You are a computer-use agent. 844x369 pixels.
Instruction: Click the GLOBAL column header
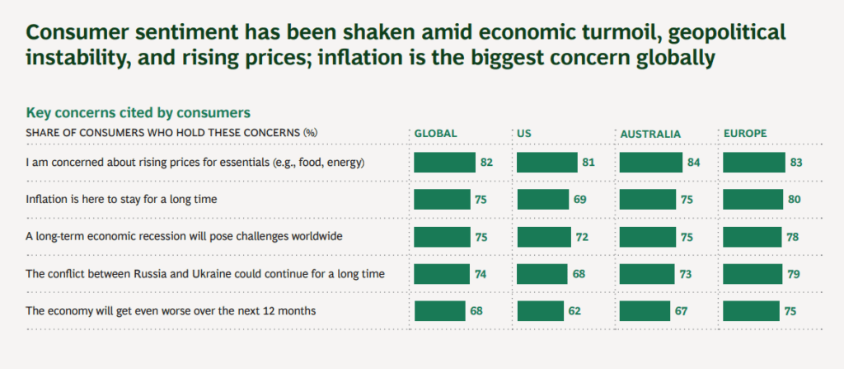coord(435,134)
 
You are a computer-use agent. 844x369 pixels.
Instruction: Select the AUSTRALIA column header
coord(650,134)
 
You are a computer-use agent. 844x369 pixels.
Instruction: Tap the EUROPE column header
coord(745,134)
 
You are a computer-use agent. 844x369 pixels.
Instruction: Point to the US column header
coord(524,134)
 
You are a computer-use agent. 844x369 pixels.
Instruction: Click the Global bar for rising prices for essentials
coord(444,163)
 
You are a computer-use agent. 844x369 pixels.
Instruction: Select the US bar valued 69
coord(542,200)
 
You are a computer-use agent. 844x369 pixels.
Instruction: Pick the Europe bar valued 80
coord(753,200)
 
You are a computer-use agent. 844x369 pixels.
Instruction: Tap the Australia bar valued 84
coord(651,163)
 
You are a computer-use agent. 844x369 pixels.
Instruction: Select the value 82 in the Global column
coord(486,163)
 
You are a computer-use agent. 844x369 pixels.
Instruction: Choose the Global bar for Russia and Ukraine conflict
coord(442,274)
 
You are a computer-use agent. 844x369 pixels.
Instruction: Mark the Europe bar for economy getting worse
coord(751,311)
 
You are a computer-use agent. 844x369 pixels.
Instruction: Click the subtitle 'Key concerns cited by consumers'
coord(138,112)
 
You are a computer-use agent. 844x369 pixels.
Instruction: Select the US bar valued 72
coord(544,237)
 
